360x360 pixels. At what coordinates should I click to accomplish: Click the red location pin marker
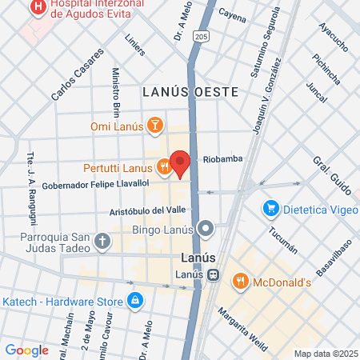pos(180,162)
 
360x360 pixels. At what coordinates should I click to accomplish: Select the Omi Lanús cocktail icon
pos(156,126)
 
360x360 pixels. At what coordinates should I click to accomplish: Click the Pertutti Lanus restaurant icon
pos(164,167)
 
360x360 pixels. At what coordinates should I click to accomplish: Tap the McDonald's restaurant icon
pos(239,281)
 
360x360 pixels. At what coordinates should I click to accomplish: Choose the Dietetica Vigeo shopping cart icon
pos(271,209)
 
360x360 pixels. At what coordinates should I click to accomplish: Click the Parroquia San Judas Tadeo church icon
pos(102,240)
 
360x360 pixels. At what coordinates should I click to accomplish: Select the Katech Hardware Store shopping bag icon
pos(135,301)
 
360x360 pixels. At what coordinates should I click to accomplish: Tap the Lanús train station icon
pos(214,275)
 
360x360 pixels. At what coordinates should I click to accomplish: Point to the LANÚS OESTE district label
pos(191,91)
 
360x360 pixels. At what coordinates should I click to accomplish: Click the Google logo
pos(26,350)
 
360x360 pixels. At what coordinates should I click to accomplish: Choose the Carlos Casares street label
pos(78,75)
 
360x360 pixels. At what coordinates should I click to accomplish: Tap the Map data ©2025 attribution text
pos(325,354)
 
